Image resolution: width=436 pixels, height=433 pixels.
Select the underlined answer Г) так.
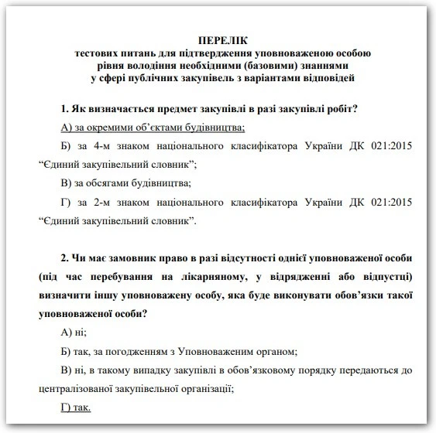(74, 407)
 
